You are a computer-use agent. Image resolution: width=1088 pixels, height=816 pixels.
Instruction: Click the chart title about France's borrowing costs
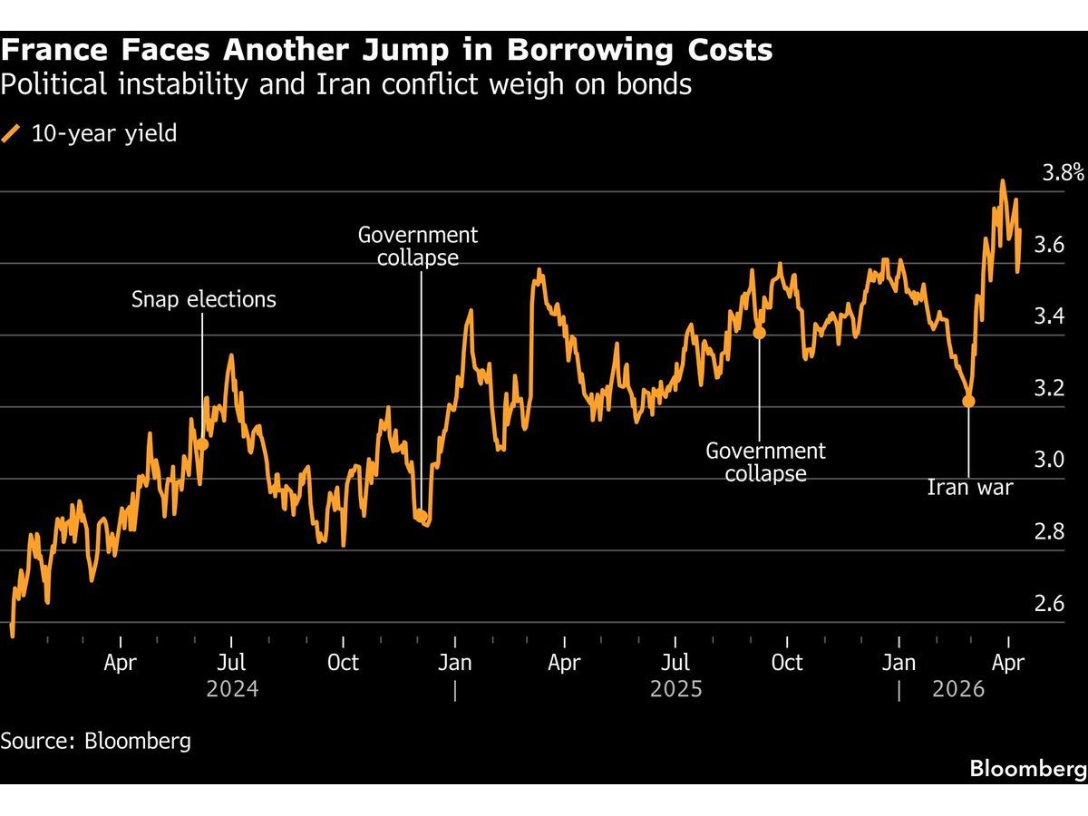(386, 49)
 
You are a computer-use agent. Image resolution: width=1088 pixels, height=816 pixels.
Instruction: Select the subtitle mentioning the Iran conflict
(346, 85)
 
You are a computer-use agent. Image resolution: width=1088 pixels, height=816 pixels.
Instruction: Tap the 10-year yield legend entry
(91, 133)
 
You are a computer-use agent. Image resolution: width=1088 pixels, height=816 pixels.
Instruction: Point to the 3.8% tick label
(1062, 172)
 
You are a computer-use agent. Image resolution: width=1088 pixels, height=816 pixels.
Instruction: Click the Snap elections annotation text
(203, 299)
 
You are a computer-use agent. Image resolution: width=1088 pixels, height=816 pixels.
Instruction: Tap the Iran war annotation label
(969, 488)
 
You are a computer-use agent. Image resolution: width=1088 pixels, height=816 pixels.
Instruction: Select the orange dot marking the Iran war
(968, 401)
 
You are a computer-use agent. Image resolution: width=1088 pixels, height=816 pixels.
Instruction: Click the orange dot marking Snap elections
(202, 443)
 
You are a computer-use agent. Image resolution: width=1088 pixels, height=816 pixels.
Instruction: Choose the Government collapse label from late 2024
(417, 246)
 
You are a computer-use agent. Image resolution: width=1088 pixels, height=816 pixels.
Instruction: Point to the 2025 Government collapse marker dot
(760, 333)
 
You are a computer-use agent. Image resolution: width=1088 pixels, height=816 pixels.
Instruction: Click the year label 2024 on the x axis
(232, 689)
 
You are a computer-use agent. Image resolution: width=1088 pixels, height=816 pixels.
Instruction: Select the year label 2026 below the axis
(958, 689)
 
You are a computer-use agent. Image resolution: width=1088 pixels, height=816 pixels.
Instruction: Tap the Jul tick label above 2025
(676, 663)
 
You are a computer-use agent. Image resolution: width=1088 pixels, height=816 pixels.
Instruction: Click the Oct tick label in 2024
(343, 663)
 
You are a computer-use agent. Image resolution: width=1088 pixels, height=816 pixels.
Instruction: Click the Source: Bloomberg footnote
(96, 740)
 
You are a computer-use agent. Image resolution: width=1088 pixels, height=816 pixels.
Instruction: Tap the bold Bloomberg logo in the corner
(1027, 769)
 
